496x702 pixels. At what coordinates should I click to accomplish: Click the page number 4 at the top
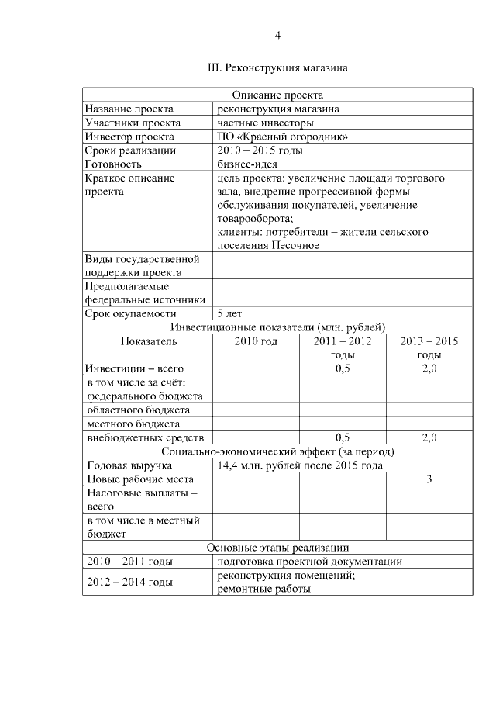pos(277,35)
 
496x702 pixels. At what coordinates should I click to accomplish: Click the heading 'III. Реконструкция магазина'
pos(277,68)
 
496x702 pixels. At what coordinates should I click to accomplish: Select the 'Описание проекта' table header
pos(277,95)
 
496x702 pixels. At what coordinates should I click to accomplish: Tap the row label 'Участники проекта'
pos(133,123)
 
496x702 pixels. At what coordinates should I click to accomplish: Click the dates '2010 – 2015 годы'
pos(259,150)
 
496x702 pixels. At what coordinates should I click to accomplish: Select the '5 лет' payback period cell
pos(231,313)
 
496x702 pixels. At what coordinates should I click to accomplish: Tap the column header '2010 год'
pos(256,341)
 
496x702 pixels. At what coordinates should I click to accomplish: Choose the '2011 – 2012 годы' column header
pos(343,348)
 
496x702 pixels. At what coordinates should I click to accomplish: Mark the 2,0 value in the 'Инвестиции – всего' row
pos(429,368)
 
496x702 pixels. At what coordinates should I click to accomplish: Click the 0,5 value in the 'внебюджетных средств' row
pos(343,438)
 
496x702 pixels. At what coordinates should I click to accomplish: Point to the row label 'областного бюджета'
pos(139,410)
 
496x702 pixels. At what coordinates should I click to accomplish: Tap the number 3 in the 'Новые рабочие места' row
pos(429,479)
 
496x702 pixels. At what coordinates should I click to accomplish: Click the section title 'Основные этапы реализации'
pos(277,548)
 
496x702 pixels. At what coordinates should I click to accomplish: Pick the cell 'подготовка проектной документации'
pos(310,562)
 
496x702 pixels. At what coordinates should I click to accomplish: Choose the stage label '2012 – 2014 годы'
pos(130,582)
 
